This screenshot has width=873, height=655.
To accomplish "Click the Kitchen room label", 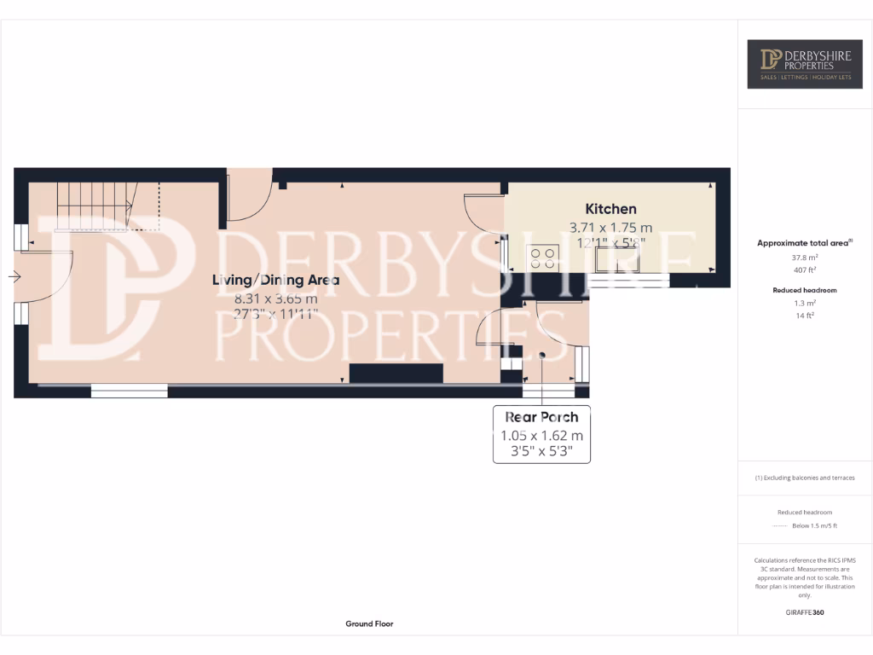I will [610, 209].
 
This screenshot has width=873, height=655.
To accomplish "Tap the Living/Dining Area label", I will [275, 280].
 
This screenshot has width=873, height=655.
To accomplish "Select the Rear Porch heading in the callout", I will [541, 417].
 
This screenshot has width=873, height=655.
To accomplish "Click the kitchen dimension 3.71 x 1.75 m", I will [610, 228].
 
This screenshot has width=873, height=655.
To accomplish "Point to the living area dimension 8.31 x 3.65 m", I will [275, 299].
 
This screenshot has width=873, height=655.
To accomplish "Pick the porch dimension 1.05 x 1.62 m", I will [541, 436].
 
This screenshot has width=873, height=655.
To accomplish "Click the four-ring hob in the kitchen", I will [543, 257].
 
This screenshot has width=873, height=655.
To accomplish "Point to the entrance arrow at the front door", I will [14, 276].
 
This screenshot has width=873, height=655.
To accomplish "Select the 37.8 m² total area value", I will [806, 258].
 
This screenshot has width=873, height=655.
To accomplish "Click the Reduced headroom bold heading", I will [806, 290].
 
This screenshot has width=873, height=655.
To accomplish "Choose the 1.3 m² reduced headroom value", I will [806, 304].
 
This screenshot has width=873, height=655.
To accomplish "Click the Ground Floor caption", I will [369, 624].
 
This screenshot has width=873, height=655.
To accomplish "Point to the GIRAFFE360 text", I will [806, 612].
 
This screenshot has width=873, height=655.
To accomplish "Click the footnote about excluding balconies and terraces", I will [805, 478].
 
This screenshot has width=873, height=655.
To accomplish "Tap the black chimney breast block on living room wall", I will [396, 374].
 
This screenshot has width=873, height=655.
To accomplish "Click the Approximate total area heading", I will [805, 243].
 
